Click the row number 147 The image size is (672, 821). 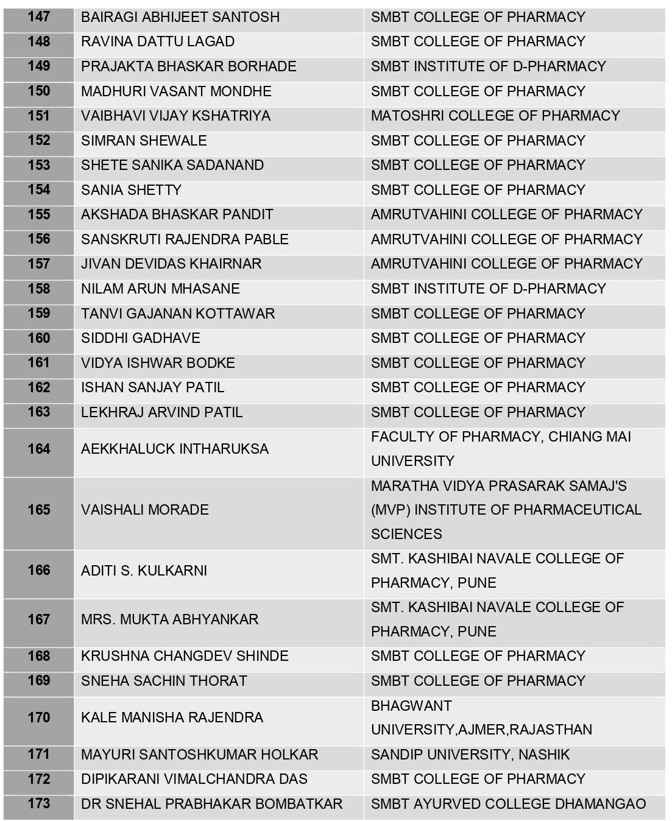(38, 17)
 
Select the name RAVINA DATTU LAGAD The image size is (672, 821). (157, 41)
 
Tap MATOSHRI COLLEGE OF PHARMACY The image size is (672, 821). (495, 116)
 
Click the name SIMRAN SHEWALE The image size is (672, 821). (144, 141)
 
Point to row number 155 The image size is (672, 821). (38, 214)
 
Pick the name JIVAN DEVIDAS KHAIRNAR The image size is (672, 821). (171, 264)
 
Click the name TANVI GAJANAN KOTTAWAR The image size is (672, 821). (177, 314)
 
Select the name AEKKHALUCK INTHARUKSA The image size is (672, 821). (174, 449)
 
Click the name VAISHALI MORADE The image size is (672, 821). (144, 510)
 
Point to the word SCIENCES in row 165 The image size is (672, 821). (406, 534)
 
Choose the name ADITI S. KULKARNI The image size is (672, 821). (144, 571)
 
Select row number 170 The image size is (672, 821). (38, 717)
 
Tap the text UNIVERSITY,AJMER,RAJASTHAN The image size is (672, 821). (481, 730)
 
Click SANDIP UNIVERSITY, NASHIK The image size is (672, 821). (470, 755)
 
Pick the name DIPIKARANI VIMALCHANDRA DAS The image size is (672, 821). (194, 779)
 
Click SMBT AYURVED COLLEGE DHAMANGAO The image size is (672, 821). (508, 804)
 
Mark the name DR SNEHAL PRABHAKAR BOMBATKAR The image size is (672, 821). (211, 804)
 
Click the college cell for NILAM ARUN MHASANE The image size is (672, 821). (488, 289)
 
